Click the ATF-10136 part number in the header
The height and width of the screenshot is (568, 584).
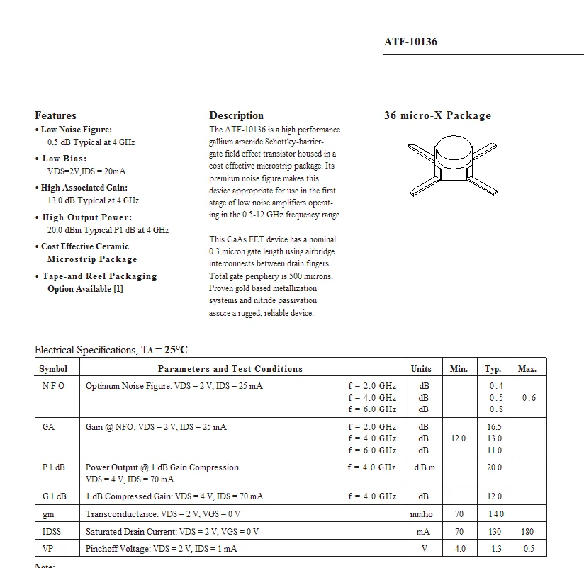[410, 42]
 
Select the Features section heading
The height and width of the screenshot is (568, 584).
[55, 115]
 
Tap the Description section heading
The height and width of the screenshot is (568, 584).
[236, 115]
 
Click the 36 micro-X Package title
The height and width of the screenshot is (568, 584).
[437, 115]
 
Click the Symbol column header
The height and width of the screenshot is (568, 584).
[53, 369]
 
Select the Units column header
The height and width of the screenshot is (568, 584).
[421, 369]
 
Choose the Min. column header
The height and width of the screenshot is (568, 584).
[459, 369]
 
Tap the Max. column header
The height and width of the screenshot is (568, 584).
[527, 369]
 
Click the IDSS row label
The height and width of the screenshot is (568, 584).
[52, 531]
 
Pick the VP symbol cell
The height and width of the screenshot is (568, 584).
[48, 549]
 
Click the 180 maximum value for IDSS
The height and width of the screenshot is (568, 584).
[527, 531]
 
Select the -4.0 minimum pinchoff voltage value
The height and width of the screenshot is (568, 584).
[459, 549]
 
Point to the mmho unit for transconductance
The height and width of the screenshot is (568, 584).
[421, 514]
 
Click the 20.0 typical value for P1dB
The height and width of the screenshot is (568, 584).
[494, 467]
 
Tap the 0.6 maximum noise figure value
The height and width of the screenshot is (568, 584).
[529, 398]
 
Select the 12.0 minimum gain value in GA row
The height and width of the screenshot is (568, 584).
[459, 438]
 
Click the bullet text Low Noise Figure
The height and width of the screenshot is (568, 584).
[77, 130]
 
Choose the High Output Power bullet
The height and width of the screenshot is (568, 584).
[87, 217]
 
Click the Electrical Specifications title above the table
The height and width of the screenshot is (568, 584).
[111, 350]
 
